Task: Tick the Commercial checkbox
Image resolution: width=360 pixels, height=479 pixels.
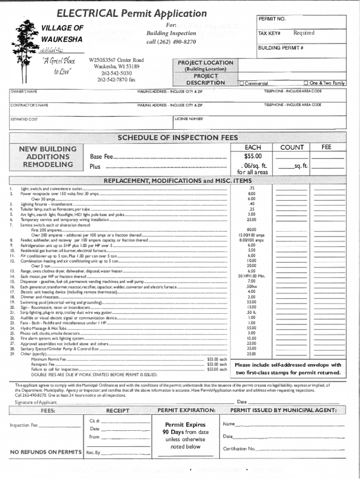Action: pos(241,84)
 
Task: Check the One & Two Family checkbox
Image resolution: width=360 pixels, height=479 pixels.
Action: pos(306,84)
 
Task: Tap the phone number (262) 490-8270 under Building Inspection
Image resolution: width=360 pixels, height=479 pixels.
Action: pos(171,42)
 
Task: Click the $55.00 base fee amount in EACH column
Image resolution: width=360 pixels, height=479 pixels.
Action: pos(252,156)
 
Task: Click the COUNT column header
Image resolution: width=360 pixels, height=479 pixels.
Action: pos(292,147)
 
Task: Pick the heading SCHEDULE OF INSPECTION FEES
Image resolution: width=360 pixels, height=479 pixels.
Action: pos(177,138)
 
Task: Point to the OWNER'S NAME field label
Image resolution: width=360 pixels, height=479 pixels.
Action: pos(24,91)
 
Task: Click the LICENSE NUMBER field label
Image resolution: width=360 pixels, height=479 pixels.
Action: pos(189,119)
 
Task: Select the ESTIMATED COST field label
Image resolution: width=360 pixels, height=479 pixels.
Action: pos(24,120)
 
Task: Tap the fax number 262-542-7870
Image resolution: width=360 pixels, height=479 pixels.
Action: pos(116,80)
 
